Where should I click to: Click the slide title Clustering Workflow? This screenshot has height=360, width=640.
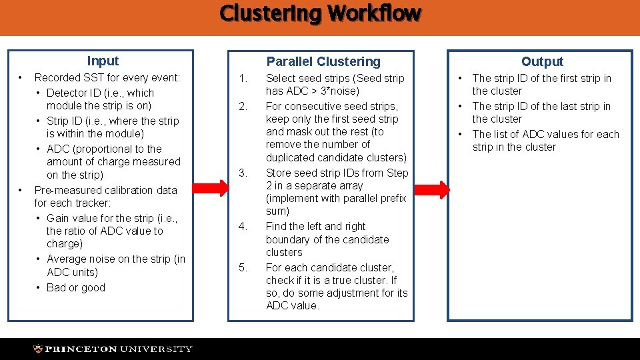[320, 13]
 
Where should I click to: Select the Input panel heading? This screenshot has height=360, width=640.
[103, 61]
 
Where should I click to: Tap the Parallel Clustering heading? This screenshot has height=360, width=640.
[323, 61]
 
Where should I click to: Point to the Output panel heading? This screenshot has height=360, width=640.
[542, 61]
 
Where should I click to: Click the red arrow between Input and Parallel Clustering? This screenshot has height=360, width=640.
[213, 188]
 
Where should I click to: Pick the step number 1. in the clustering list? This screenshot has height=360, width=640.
[243, 79]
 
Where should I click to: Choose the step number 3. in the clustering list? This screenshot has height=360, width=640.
[243, 173]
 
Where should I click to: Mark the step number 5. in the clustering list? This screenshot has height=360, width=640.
[243, 268]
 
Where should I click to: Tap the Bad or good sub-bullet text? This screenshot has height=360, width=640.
[76, 288]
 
